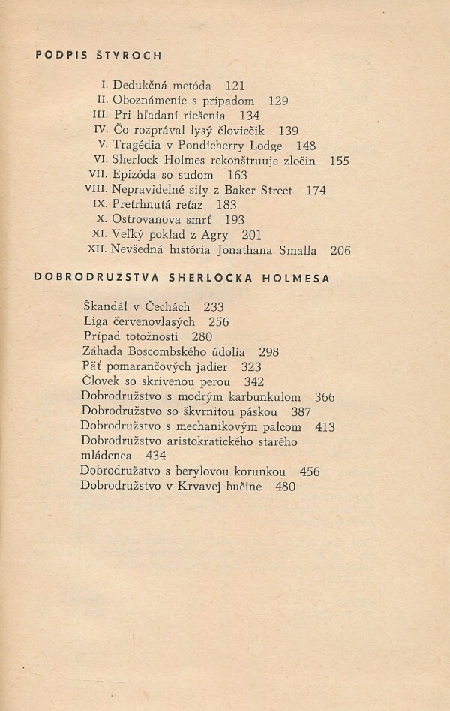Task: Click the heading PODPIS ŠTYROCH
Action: [99, 56]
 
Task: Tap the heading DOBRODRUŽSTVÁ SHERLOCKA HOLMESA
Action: [183, 278]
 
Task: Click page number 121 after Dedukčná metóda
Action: [235, 86]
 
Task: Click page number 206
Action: [340, 251]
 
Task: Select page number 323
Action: [252, 367]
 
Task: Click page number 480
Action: [286, 487]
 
